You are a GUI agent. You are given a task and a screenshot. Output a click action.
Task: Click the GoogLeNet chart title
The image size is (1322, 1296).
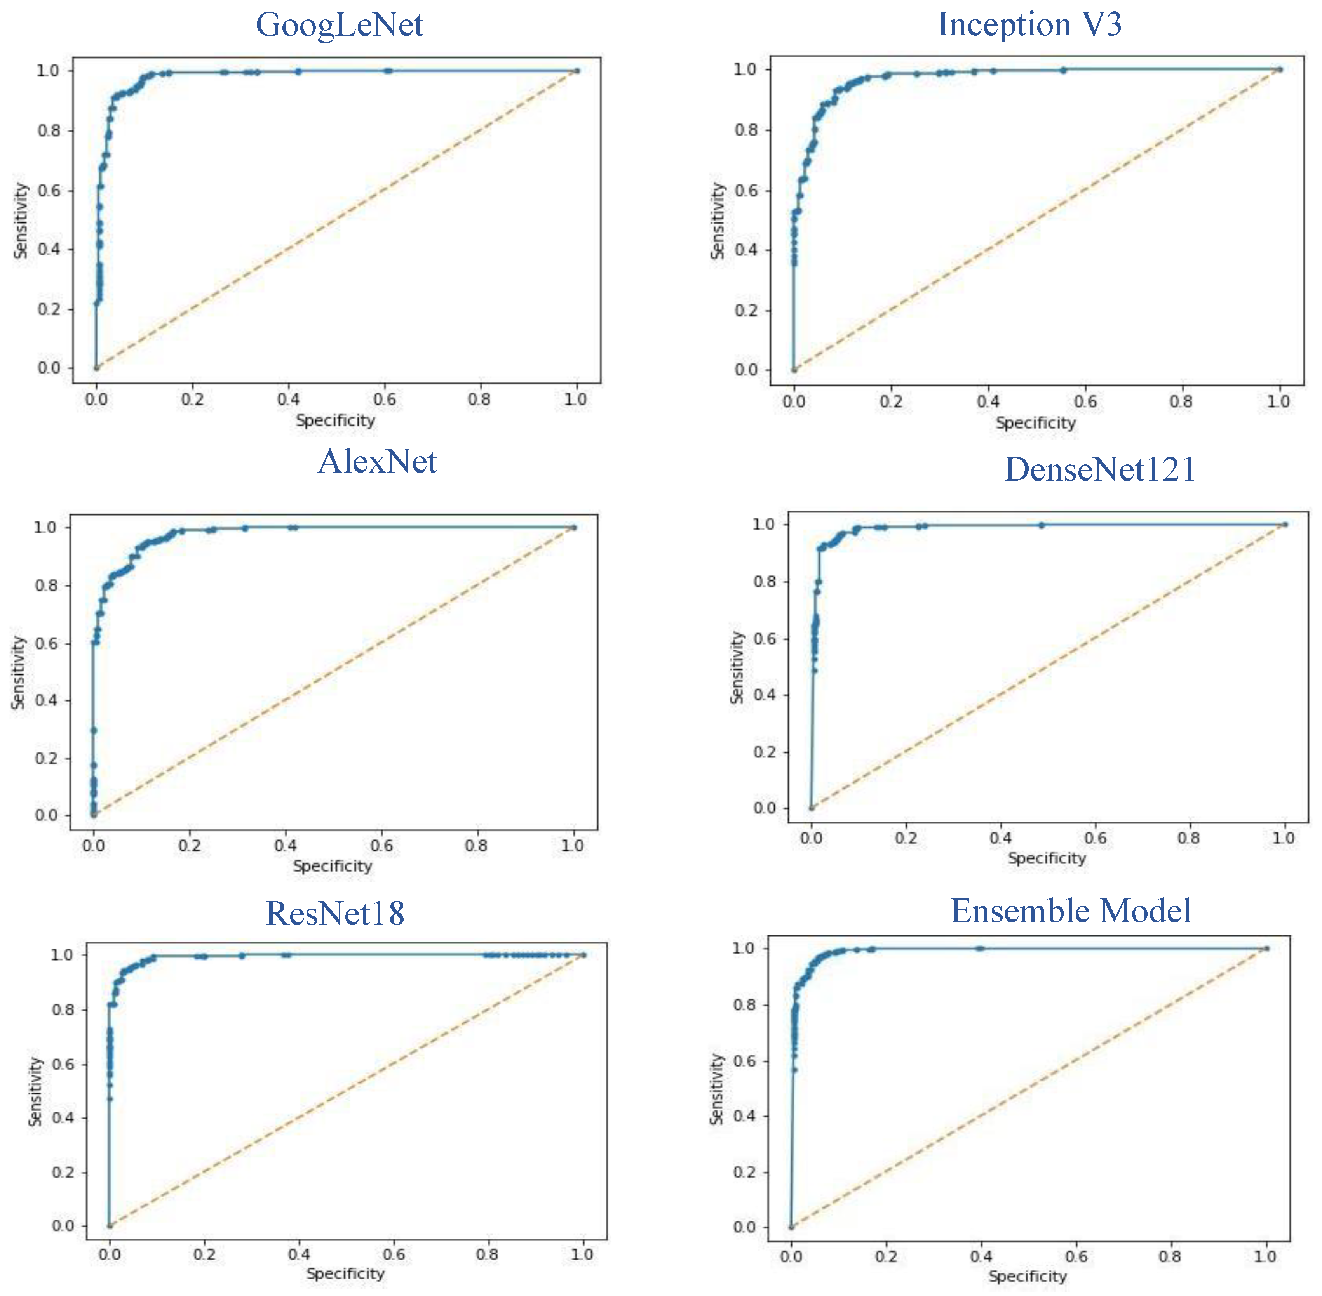(339, 25)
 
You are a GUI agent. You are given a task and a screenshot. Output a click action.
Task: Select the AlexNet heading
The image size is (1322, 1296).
(377, 462)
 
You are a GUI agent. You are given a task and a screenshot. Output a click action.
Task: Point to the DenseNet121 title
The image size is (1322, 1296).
(1099, 470)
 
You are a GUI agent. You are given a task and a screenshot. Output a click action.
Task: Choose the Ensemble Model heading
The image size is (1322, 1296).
(1071, 911)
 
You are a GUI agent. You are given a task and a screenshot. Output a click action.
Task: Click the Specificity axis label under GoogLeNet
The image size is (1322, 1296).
(335, 420)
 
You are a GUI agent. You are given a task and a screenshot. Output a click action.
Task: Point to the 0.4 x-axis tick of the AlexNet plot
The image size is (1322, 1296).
(286, 846)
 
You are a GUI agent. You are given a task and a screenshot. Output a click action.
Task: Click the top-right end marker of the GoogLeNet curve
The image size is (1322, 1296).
(577, 71)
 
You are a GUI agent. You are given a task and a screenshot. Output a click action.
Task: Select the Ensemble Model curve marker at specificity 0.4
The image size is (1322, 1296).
(980, 948)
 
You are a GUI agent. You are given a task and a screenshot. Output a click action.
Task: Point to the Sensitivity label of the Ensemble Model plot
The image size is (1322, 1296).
(716, 1089)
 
